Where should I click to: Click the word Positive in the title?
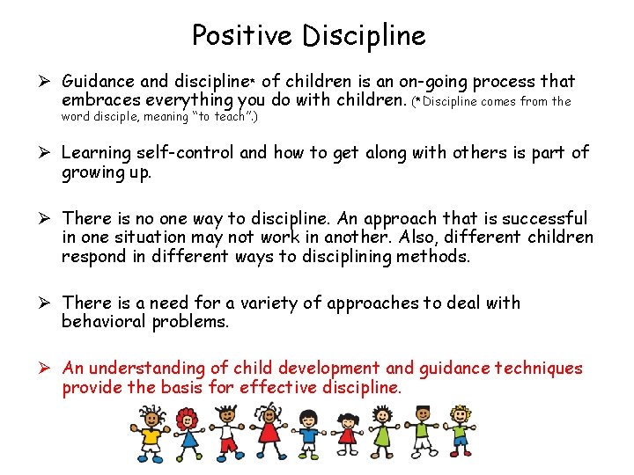click(x=243, y=35)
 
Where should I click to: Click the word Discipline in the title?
click(x=363, y=35)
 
